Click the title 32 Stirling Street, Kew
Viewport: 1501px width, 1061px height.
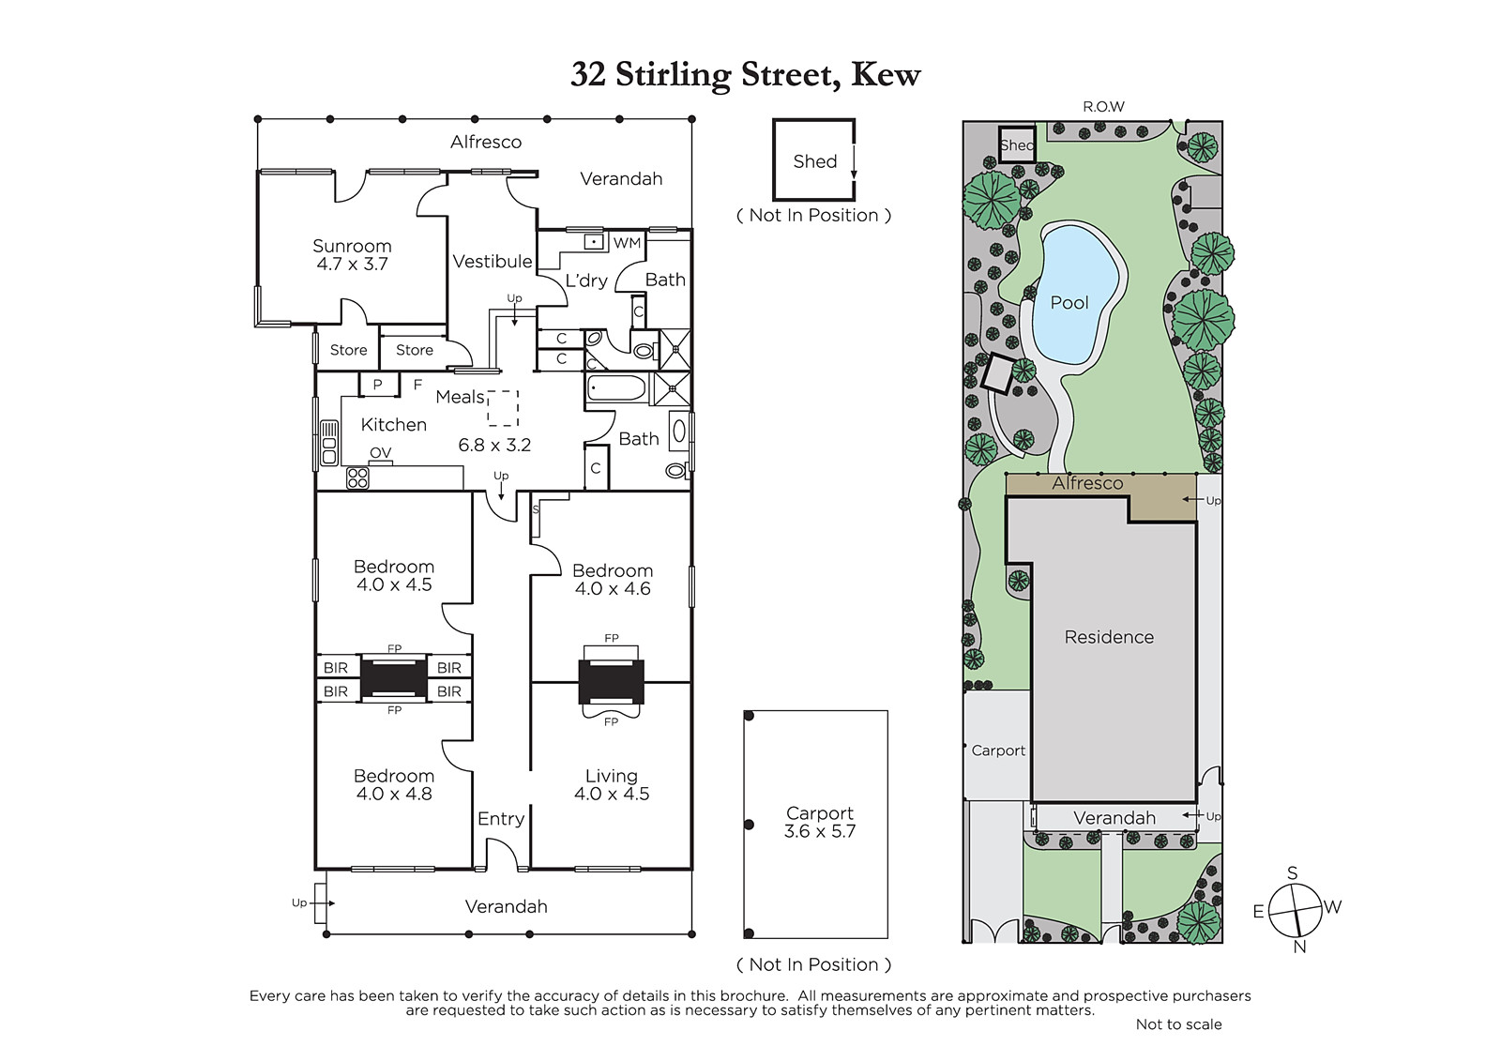coord(745,75)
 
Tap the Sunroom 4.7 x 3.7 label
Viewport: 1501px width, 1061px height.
coord(352,254)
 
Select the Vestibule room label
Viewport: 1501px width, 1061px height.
coord(492,262)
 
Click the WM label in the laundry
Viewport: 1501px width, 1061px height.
coord(627,243)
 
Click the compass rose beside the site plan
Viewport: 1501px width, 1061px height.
coord(1296,910)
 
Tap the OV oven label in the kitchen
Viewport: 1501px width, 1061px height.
coord(380,453)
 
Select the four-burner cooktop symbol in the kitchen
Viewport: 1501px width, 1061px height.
coord(357,478)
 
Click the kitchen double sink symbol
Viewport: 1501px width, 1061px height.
coord(328,443)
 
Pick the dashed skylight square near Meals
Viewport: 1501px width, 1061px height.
coord(503,408)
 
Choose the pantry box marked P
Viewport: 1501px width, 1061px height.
coord(379,384)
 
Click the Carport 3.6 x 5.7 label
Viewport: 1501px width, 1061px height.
coord(820,822)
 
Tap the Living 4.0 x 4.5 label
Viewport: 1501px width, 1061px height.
coord(611,785)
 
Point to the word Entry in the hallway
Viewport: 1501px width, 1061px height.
coord(501,819)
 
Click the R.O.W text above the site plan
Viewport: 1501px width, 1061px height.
coord(1103,107)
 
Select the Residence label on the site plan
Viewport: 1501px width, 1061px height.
coord(1109,637)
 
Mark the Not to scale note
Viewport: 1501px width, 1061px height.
coord(1178,1024)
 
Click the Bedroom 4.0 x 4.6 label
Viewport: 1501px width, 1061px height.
coord(613,580)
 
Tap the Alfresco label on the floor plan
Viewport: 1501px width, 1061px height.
coord(486,142)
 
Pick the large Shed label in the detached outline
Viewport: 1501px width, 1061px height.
coord(815,161)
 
